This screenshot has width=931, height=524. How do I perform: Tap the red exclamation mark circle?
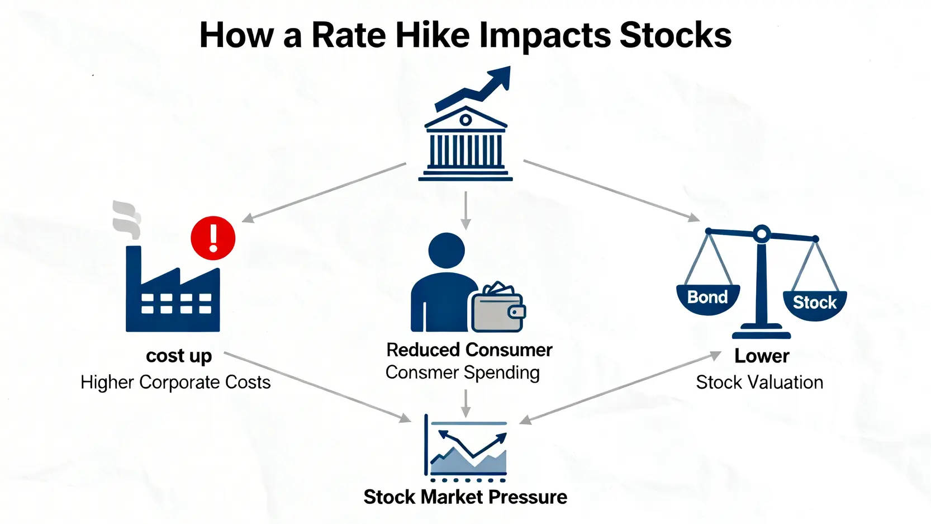(213, 238)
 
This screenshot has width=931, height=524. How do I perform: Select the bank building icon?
(465, 144)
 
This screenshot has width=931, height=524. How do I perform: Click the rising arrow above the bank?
(473, 88)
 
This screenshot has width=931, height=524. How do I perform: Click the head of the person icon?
(446, 251)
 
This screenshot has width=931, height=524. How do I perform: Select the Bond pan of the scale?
(708, 299)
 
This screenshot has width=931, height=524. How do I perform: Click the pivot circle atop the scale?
(762, 234)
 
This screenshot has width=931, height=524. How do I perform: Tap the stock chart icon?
(465, 449)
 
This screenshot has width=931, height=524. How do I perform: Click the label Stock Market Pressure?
(465, 497)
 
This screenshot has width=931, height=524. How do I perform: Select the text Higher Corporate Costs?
(175, 382)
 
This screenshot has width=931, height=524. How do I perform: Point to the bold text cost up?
(179, 356)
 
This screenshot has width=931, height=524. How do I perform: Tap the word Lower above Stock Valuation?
(762, 356)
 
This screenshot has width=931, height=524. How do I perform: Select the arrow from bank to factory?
(324, 192)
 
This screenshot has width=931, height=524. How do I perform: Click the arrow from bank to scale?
(611, 191)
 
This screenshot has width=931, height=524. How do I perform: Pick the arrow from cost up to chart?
(317, 387)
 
